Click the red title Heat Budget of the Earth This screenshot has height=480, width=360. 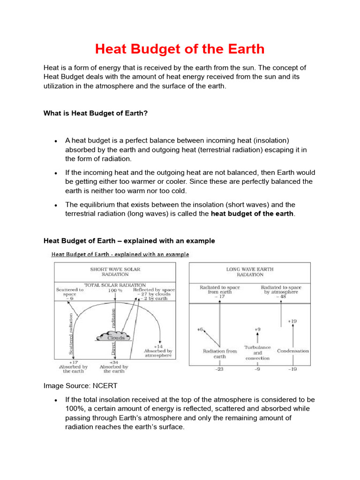[180, 49]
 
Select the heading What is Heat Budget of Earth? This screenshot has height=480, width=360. [96, 113]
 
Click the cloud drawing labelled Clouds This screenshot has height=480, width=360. [116, 337]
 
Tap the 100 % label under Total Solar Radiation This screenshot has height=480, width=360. [115, 290]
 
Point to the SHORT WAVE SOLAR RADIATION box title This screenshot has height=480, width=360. [115, 272]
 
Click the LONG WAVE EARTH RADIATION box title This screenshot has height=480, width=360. [249, 272]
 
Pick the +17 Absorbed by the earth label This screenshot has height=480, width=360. [74, 367]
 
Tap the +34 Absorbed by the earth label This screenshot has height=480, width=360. [114, 367]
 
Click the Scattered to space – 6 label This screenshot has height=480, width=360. [69, 292]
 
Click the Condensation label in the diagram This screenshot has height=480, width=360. [293, 351]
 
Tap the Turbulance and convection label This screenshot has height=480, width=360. [257, 352]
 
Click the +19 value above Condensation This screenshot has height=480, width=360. [292, 321]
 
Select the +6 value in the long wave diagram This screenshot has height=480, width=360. [200, 330]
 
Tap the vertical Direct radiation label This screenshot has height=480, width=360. [113, 328]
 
